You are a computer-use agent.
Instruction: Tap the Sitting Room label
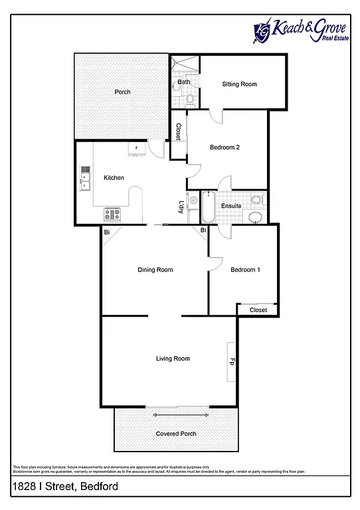(239, 84)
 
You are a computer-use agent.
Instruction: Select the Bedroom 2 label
(225, 147)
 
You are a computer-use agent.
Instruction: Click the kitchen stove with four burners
(112, 214)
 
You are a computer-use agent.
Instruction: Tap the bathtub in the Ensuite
(207, 207)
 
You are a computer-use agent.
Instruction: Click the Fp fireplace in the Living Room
(232, 362)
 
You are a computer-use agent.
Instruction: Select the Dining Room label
(155, 270)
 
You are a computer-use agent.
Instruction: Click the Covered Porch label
(176, 434)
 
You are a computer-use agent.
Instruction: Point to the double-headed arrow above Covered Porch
(176, 415)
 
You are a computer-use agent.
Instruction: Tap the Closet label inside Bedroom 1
(258, 310)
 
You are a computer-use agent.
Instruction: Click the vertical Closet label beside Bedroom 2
(178, 133)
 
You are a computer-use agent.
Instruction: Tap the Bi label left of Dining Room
(106, 232)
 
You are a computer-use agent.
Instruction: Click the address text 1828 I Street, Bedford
(65, 487)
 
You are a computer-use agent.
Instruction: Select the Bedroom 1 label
(245, 270)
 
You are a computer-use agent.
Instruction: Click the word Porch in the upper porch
(122, 92)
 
